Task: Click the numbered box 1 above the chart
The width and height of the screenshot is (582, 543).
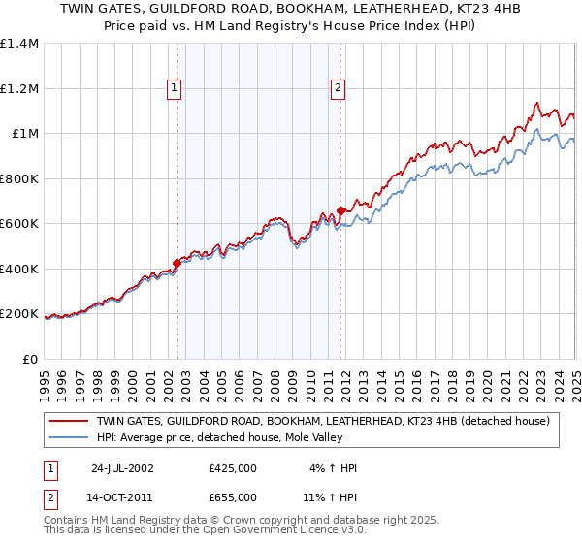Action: click(175, 88)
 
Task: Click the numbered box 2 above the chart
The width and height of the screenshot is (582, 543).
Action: click(338, 88)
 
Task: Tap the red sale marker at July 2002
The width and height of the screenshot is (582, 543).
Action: click(178, 262)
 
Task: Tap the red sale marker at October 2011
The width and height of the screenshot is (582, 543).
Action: click(341, 209)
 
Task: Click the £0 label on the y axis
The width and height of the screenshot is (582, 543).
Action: click(31, 359)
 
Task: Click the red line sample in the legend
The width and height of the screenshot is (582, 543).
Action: click(68, 421)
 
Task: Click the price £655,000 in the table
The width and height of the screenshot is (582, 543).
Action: click(233, 496)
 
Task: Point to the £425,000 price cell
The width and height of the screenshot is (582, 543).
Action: click(233, 467)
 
